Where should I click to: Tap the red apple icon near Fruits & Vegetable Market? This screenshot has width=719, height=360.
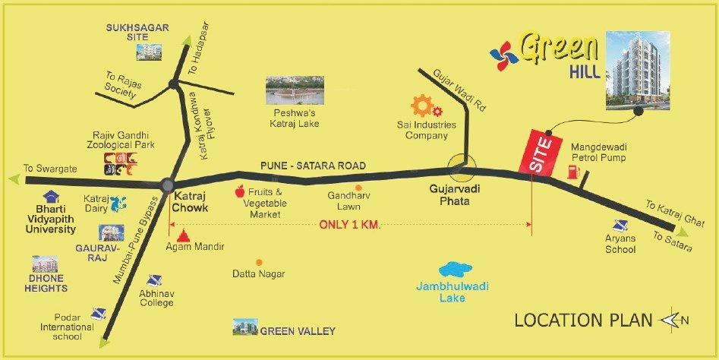(242, 191)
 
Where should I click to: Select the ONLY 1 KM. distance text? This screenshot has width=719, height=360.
(349, 225)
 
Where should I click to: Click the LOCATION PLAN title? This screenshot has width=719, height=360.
(583, 321)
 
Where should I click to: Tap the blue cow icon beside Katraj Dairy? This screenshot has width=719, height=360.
(116, 204)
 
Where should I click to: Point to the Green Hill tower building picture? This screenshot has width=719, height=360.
(637, 68)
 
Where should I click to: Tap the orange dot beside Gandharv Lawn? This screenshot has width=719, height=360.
(358, 186)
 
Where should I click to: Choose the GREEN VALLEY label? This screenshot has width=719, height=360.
(298, 331)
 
